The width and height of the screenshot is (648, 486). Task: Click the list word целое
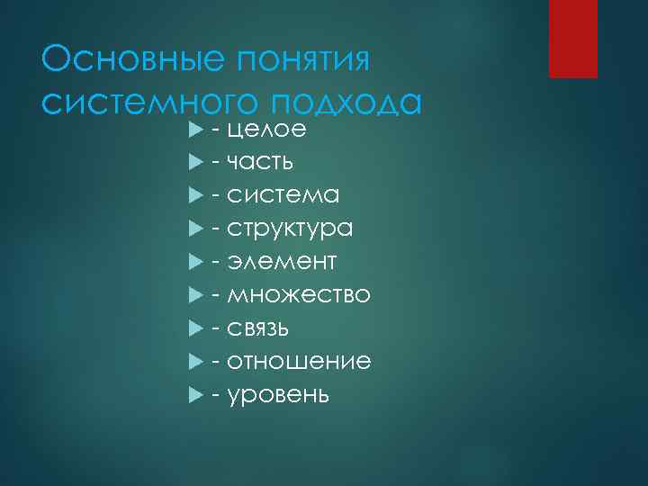pos(267,130)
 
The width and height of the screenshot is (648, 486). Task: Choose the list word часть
pos(260,163)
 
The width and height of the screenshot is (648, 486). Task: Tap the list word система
pos(283,195)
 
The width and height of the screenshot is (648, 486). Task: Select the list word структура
pos(290,229)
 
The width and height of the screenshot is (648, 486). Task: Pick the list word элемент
pos(282,262)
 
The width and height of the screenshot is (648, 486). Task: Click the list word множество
pos(299,295)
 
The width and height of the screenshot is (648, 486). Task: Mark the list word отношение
pos(299,361)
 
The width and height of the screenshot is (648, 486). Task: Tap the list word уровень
pos(278,394)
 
